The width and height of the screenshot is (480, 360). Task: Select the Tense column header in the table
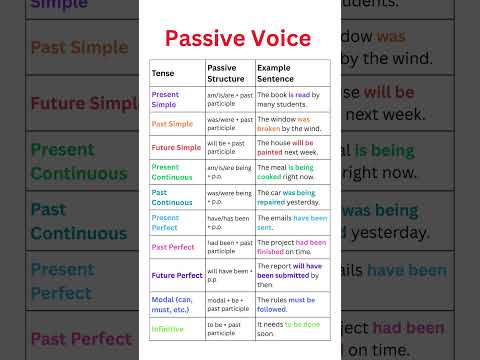(162, 74)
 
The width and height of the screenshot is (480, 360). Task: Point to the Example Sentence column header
(276, 74)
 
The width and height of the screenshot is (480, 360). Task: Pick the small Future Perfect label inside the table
(176, 274)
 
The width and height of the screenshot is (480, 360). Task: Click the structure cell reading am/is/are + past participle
(228, 98)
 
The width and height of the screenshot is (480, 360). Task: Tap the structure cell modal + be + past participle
(228, 303)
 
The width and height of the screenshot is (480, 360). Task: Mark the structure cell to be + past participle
(228, 326)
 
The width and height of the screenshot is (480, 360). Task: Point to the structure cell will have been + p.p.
(228, 274)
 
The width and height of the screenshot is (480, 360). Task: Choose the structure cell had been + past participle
(228, 246)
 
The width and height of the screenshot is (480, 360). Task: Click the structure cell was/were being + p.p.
(228, 196)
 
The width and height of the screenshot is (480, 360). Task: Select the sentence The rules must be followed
(291, 303)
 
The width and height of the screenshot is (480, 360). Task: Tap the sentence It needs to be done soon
(291, 326)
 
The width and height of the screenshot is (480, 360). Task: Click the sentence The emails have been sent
(291, 222)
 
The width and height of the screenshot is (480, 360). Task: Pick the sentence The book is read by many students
(291, 98)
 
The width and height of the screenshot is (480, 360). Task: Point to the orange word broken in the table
(270, 129)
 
